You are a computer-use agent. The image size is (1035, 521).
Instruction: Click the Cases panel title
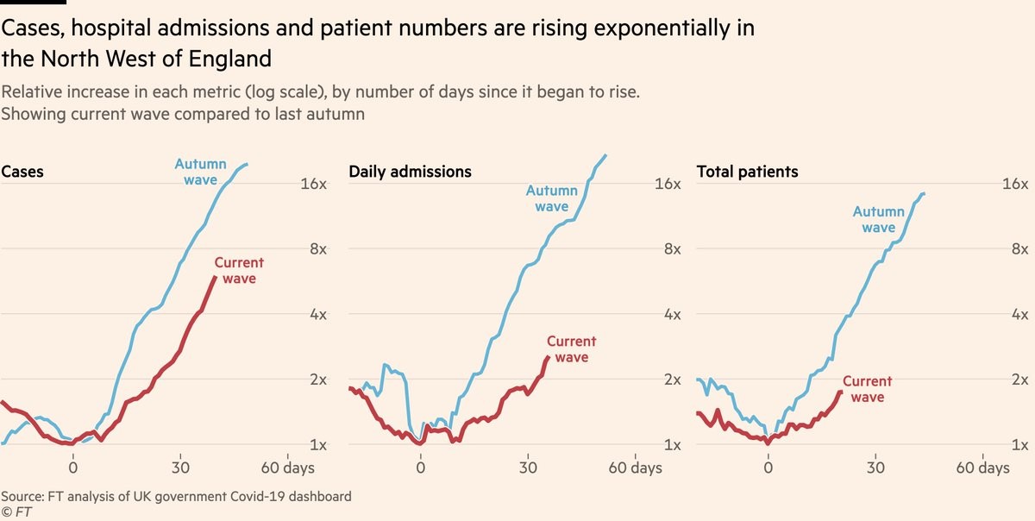pos(22,172)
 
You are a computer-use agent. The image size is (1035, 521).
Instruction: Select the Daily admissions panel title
pos(410,172)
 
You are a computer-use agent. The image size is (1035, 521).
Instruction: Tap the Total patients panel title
pos(747,172)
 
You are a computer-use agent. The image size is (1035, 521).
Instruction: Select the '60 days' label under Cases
pos(287,468)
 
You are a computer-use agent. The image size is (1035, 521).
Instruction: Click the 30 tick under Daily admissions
pos(528,468)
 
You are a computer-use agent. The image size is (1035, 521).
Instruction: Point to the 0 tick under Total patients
pos(768,468)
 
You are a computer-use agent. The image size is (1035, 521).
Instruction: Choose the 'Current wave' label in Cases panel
pos(239,271)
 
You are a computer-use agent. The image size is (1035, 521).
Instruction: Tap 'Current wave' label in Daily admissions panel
pos(571,349)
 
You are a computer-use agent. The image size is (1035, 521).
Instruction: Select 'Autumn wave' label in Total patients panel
pos(878,220)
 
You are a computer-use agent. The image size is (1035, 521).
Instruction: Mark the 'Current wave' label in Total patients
pos(867,389)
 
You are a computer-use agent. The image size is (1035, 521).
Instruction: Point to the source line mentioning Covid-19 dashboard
pos(176,497)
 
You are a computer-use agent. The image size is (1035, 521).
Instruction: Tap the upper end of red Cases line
pos(215,277)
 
